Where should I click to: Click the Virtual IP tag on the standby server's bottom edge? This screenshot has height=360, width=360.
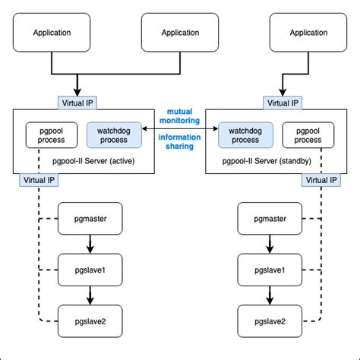pyautogui.click(x=319, y=181)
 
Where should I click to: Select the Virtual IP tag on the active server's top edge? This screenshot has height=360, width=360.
pyautogui.click(x=77, y=103)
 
